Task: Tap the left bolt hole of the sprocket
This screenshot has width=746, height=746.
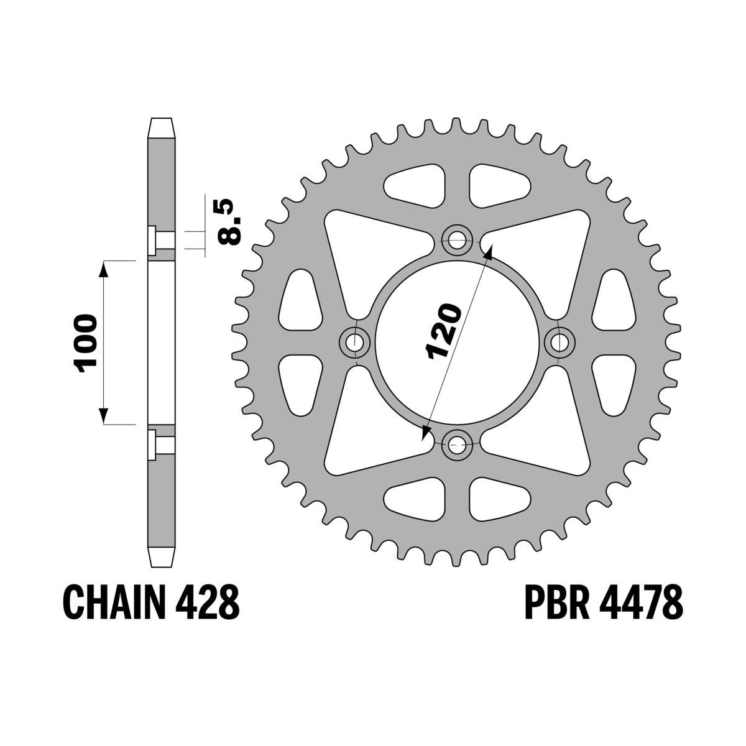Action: pyautogui.click(x=356, y=341)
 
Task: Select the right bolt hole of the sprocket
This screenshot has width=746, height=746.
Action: pyautogui.click(x=561, y=341)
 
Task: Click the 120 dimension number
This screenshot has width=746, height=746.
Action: pyautogui.click(x=443, y=332)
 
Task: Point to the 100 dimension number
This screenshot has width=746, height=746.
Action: pyautogui.click(x=86, y=343)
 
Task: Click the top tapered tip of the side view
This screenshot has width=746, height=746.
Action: pyautogui.click(x=161, y=127)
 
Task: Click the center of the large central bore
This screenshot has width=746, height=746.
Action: pyautogui.click(x=458, y=341)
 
